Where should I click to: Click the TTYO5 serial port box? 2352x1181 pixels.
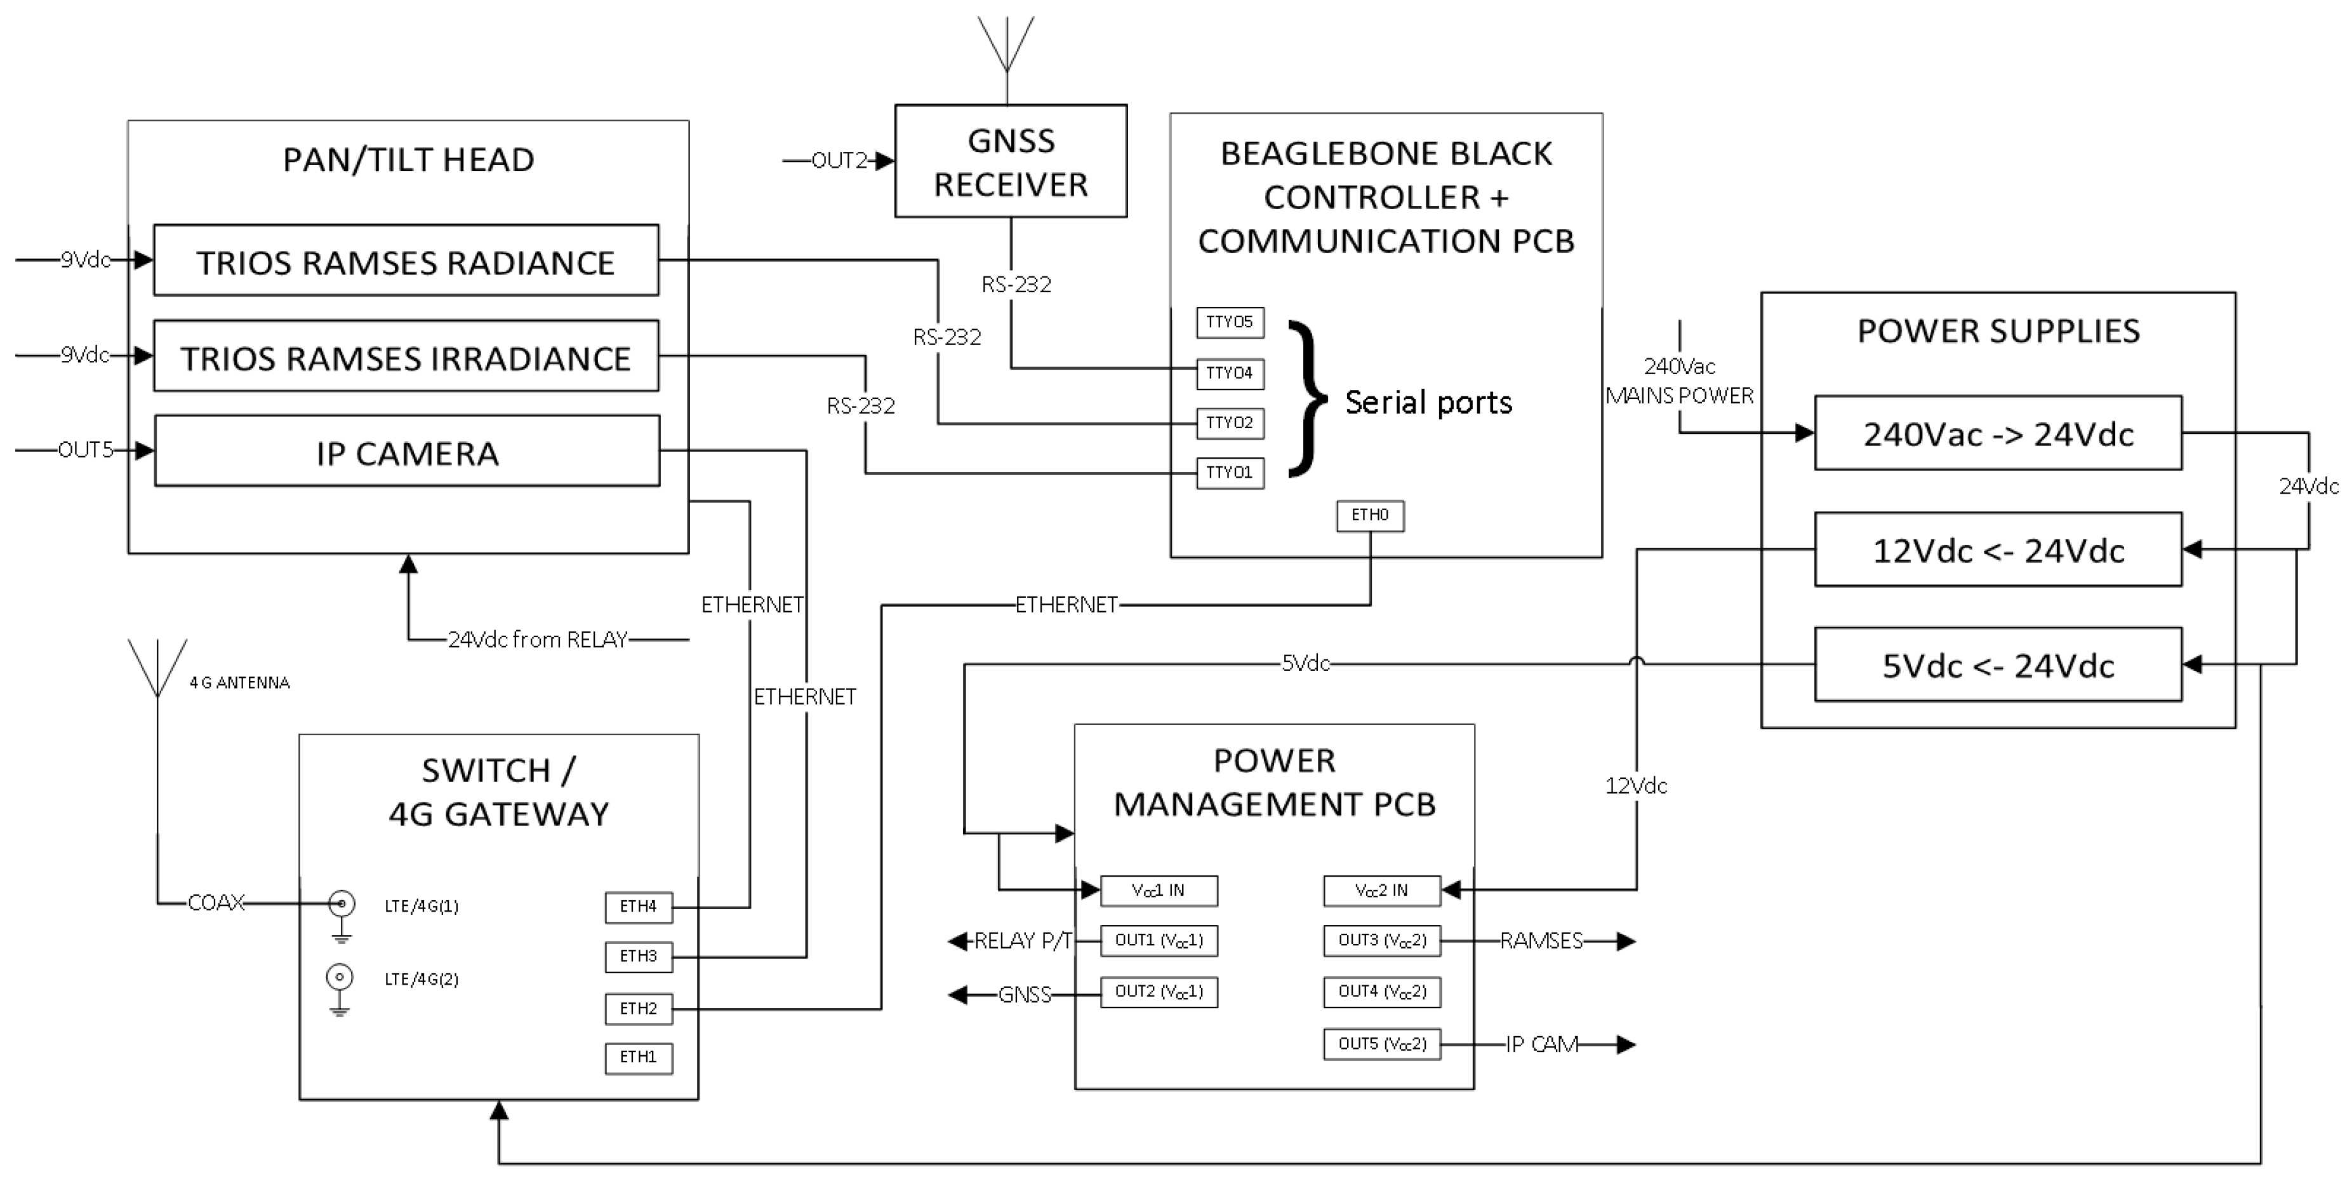(x=1230, y=323)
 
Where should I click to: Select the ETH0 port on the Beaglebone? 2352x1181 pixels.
(x=1369, y=515)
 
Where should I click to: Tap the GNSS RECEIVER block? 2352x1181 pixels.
(x=1010, y=161)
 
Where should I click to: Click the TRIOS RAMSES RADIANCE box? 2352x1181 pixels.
(x=406, y=261)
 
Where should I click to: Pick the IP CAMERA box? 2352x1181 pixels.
(x=406, y=451)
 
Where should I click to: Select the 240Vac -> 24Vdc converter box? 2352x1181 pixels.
(x=1998, y=433)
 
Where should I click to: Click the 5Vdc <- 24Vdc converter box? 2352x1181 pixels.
(x=1998, y=665)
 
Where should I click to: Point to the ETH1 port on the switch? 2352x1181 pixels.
(x=638, y=1058)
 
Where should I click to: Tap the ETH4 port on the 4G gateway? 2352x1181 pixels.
(x=638, y=907)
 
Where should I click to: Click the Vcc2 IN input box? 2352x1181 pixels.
(x=1381, y=891)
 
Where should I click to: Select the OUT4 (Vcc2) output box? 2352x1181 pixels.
(x=1381, y=992)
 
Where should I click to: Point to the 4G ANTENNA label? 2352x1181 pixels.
(x=239, y=683)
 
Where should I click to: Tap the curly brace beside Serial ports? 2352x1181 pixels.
(x=1308, y=398)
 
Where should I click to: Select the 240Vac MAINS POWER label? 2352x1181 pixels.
(x=1679, y=381)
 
